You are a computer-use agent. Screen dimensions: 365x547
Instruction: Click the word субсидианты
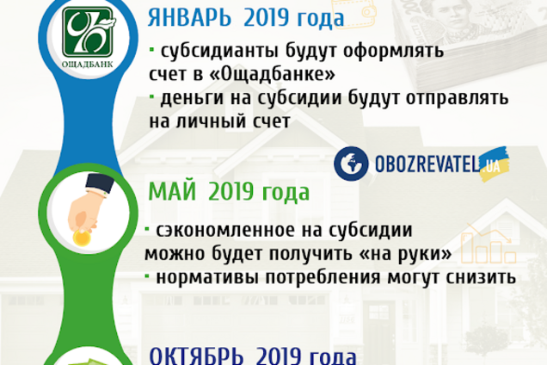point(214,49)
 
